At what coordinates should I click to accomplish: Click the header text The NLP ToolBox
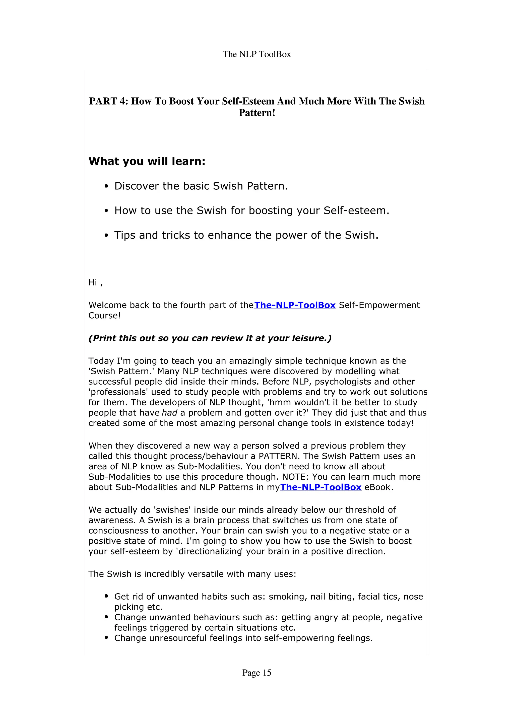(x=256, y=54)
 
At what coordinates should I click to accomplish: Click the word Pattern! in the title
(x=257, y=113)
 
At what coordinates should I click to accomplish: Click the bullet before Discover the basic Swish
(x=106, y=186)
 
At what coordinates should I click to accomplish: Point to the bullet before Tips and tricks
(x=106, y=236)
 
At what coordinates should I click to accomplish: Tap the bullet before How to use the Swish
(x=106, y=211)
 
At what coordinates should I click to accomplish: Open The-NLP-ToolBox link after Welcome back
(x=295, y=305)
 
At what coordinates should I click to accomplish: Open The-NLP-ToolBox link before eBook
(x=320, y=487)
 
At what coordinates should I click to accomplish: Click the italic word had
(x=169, y=413)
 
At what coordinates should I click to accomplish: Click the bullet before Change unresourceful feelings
(x=106, y=638)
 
